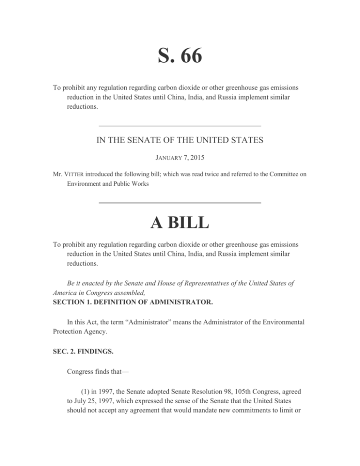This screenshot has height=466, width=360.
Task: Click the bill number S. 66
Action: point(180,57)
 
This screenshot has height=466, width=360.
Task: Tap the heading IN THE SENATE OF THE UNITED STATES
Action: point(180,139)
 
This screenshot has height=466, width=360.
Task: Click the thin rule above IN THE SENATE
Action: point(180,126)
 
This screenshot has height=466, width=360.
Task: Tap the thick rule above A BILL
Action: point(180,202)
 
